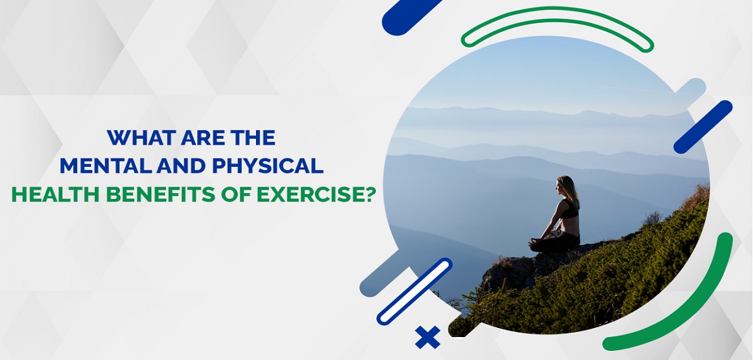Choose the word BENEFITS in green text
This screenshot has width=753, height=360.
tap(146, 196)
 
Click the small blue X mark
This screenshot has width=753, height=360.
tap(427, 338)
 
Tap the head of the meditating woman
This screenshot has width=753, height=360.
tap(566, 185)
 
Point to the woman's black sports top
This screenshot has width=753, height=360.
tap(570, 211)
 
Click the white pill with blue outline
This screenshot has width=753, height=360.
tap(414, 292)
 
